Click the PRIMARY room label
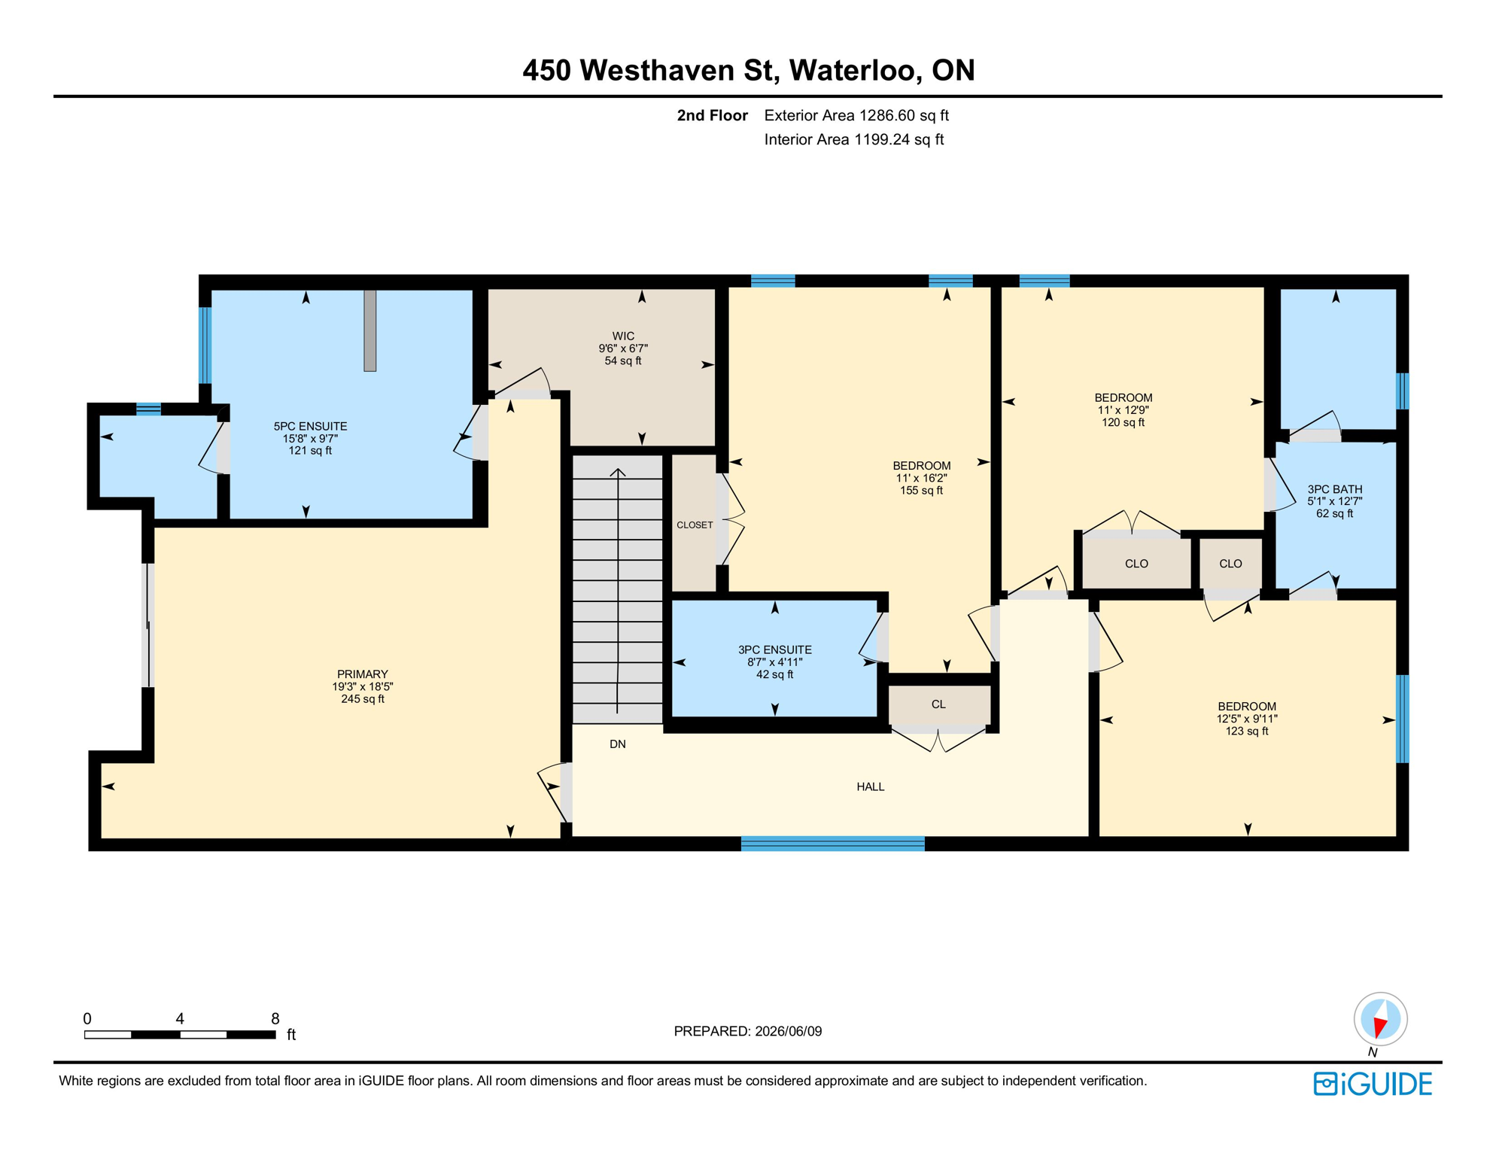363,674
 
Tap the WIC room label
623,336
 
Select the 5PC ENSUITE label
310,427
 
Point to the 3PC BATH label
1335,489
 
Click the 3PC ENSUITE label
775,650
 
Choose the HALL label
871,787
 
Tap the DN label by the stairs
618,744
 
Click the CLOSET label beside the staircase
695,525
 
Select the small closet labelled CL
938,704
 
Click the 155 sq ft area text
922,491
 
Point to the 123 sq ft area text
1247,732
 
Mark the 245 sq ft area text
363,699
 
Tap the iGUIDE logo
1373,1085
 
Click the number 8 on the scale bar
275,1019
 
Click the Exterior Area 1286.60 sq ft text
856,116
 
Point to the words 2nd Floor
712,116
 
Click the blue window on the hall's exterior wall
832,844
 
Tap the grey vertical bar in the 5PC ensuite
370,330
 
